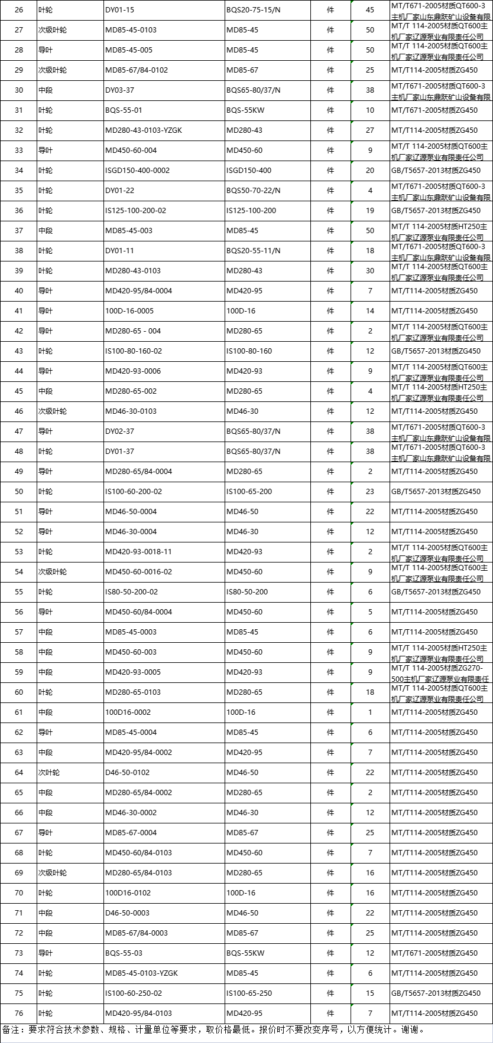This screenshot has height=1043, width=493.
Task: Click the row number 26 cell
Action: click(x=19, y=10)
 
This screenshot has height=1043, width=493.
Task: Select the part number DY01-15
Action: click(x=120, y=10)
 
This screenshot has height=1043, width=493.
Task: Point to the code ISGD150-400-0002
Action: click(x=137, y=171)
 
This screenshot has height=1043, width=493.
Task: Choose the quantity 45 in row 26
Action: click(x=370, y=10)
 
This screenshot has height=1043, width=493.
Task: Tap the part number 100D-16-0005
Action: click(x=129, y=311)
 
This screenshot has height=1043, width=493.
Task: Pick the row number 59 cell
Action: click(x=19, y=672)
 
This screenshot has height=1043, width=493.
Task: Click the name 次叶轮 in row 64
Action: click(x=49, y=773)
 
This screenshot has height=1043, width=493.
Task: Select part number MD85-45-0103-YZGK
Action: click(x=141, y=973)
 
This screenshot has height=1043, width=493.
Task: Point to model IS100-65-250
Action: click(x=249, y=993)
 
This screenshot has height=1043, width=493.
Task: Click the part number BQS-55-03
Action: click(x=124, y=953)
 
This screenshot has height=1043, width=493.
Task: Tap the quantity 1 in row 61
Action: click(x=370, y=712)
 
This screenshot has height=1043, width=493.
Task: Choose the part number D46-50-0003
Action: click(x=127, y=913)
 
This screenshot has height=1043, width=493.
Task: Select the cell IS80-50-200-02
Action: click(x=131, y=592)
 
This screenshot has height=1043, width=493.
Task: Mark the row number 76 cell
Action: click(x=19, y=1013)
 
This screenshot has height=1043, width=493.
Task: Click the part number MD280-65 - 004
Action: click(x=133, y=331)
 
